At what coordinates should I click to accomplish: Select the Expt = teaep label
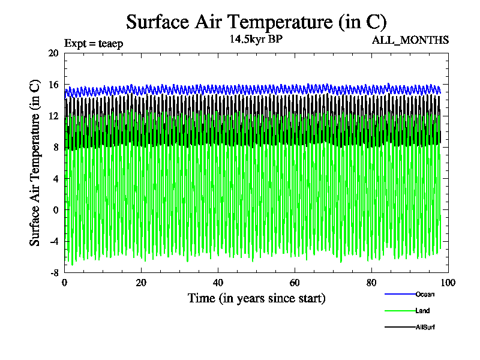click(93, 43)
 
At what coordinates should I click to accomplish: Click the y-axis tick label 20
click(53, 53)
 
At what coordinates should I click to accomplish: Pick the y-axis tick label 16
click(53, 85)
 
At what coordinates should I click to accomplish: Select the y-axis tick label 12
click(53, 116)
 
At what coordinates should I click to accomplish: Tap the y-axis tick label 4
click(55, 179)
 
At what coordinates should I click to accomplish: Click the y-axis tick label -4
click(54, 241)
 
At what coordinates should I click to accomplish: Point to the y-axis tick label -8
click(54, 272)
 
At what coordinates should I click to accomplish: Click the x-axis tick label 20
click(141, 283)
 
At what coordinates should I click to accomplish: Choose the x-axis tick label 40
click(218, 283)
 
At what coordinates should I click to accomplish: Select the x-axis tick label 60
click(295, 283)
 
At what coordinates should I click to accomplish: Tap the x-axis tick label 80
click(371, 283)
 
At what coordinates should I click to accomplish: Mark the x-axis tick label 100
click(448, 283)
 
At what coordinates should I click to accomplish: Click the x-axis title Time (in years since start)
click(256, 298)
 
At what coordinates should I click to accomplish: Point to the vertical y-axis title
click(35, 163)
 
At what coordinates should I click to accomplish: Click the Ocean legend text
click(425, 294)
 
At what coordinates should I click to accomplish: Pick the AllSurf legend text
click(425, 327)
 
